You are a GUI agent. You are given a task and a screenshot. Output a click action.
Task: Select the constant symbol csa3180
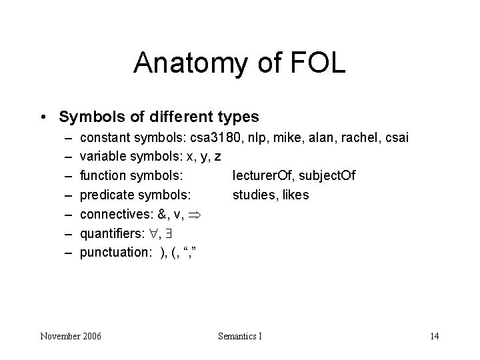[211, 138]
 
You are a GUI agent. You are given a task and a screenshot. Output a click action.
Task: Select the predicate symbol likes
[295, 195]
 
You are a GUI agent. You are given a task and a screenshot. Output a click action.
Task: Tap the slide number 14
[434, 336]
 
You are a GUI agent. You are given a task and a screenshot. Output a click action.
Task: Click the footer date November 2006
[71, 336]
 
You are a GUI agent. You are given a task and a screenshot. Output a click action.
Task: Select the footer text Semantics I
[240, 336]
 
